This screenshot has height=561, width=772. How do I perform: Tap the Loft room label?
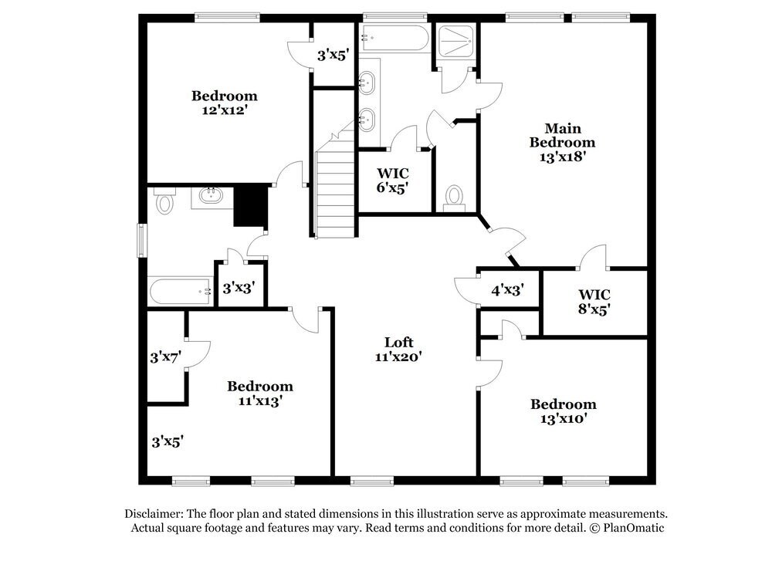tap(399, 343)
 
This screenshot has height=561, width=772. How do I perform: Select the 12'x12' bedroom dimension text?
tap(224, 110)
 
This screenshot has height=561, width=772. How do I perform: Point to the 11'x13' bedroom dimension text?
tap(259, 400)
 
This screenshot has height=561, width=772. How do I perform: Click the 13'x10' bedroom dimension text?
tap(563, 419)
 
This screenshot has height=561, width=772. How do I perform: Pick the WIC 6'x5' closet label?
tap(392, 180)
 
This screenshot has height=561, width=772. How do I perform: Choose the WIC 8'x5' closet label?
tap(594, 302)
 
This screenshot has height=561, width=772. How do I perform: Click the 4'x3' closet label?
tap(508, 290)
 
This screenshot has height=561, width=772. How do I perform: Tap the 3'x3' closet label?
tap(239, 289)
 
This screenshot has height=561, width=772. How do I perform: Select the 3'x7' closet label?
tap(165, 357)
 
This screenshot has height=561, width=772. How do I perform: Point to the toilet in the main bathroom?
tap(454, 197)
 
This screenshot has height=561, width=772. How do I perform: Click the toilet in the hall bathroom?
tap(164, 202)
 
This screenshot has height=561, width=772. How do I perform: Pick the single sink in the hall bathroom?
tap(212, 196)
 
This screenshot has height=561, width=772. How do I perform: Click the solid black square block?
tap(249, 206)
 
